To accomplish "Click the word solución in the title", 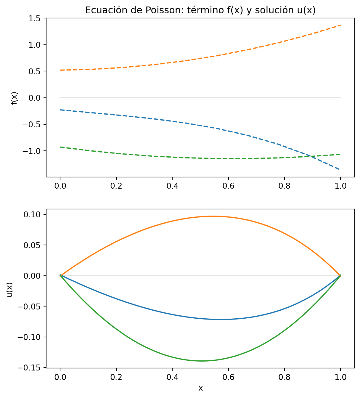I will (x=270, y=10).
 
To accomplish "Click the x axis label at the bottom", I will (x=200, y=388).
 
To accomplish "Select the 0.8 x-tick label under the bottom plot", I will (x=284, y=377).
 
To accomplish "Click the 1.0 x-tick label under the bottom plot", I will (x=340, y=377).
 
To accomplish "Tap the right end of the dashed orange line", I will (x=340, y=25).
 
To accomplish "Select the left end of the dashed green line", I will (x=60, y=147).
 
